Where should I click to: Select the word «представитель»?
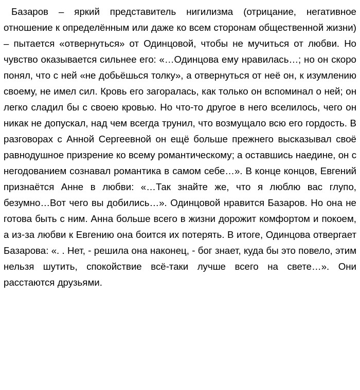(x=142, y=12)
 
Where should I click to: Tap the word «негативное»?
(x=331, y=12)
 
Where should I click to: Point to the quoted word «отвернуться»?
(x=92, y=44)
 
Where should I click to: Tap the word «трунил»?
(x=174, y=123)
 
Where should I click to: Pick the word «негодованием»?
(x=34, y=171)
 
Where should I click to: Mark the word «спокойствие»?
(x=114, y=267)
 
